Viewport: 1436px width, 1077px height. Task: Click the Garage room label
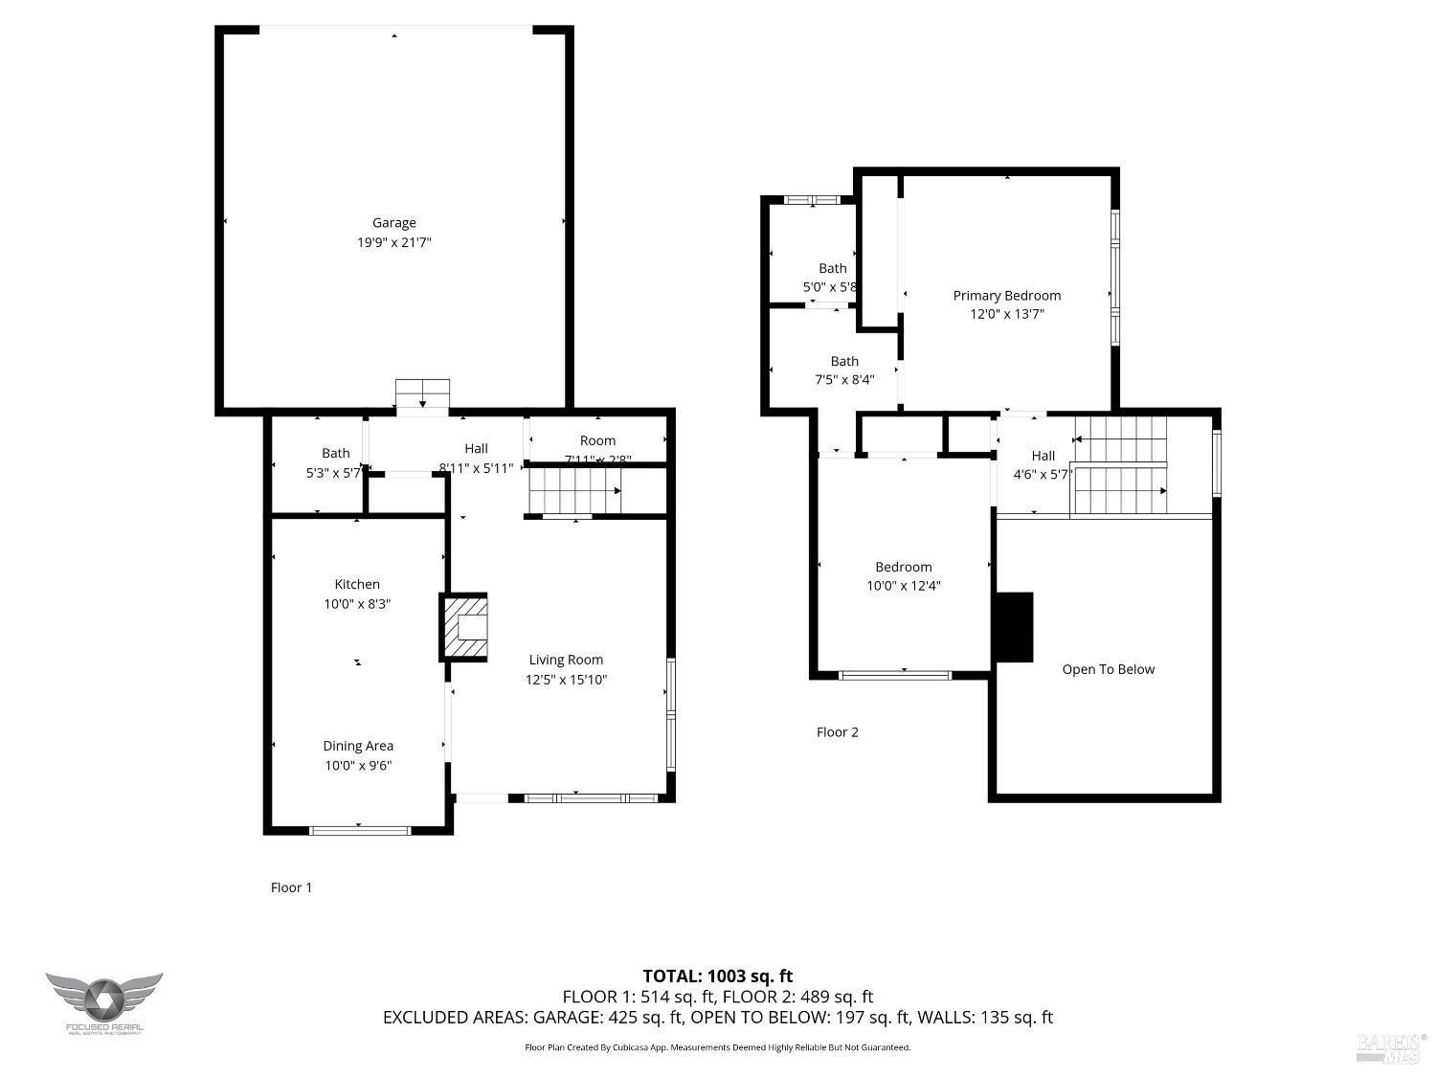393,223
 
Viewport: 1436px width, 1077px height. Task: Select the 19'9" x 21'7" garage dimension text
393,243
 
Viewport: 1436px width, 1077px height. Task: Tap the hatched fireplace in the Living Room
464,627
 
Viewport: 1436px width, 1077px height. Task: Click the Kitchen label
357,584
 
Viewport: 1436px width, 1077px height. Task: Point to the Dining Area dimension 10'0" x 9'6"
357,765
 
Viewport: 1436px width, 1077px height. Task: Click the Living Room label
566,660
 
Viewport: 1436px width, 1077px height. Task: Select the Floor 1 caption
291,887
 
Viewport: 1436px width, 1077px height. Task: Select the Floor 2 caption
837,732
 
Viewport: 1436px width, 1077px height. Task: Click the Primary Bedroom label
1006,296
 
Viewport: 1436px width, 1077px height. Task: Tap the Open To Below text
1108,669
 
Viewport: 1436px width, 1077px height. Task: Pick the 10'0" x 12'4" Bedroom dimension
903,586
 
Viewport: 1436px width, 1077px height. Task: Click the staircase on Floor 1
574,491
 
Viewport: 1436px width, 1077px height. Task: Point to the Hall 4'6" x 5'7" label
1043,464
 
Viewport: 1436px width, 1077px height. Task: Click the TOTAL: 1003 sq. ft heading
717,976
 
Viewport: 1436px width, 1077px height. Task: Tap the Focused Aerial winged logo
103,998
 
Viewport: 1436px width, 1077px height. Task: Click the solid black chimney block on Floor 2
1014,627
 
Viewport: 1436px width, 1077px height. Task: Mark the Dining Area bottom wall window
360,830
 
